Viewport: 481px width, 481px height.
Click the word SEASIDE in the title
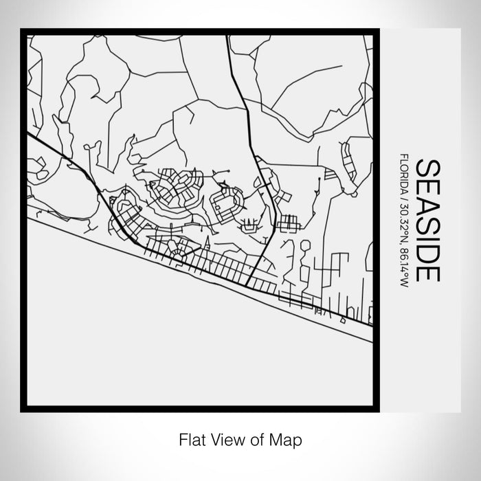pos(427,220)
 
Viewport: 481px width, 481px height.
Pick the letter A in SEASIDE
pos(427,203)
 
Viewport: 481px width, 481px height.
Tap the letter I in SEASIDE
pos(427,236)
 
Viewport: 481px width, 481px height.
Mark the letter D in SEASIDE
pos(427,250)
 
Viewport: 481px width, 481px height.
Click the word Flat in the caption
pos(190,438)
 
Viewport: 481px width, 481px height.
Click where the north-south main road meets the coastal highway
pos(247,282)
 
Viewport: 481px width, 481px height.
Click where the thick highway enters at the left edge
pos(29,134)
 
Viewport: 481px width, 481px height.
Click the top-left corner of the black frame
pos(23,31)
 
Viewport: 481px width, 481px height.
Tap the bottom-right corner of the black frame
pos(377,410)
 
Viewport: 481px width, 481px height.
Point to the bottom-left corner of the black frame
pos(23,410)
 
